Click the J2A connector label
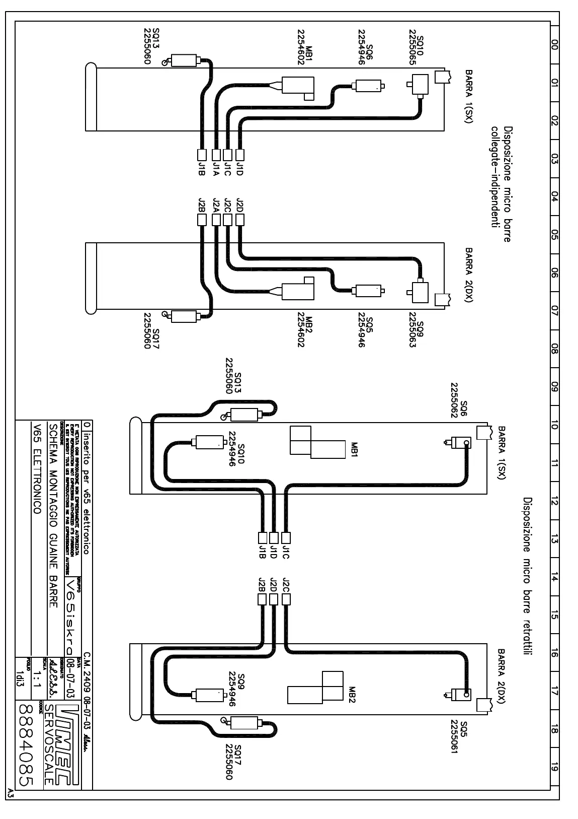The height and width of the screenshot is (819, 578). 216,205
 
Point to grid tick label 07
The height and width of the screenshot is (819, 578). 554,311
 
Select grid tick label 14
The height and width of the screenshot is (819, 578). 554,578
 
